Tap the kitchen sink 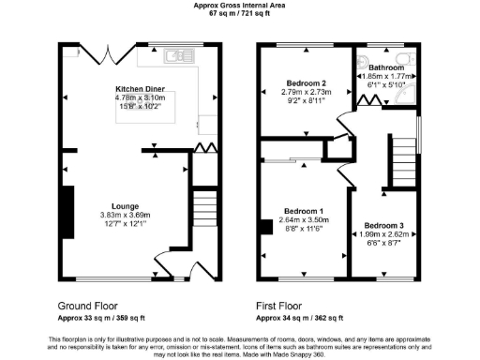click(x=174, y=57)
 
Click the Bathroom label click(x=387, y=68)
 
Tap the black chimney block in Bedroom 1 click(x=268, y=226)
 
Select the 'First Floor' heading click(x=282, y=307)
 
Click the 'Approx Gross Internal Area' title click(x=241, y=6)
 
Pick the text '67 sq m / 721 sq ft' click(x=241, y=15)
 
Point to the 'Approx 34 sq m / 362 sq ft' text click(x=305, y=319)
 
